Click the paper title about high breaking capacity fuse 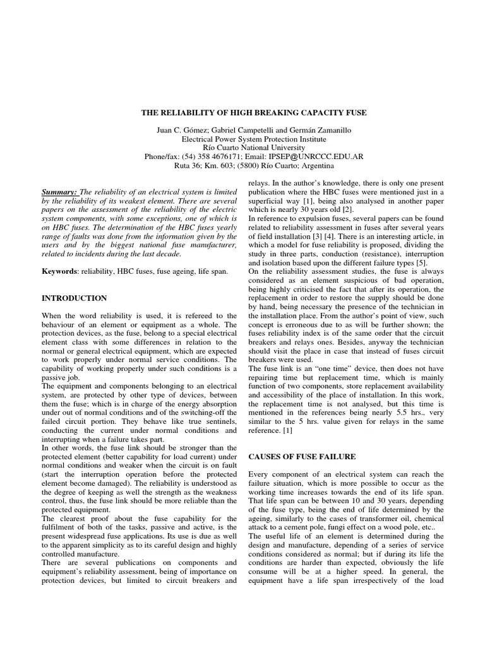click(x=253, y=112)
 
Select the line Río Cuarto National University click(x=253, y=148)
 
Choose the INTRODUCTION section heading click(x=74, y=298)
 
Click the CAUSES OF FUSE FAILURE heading click(x=302, y=455)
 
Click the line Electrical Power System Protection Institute click(x=253, y=139)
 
